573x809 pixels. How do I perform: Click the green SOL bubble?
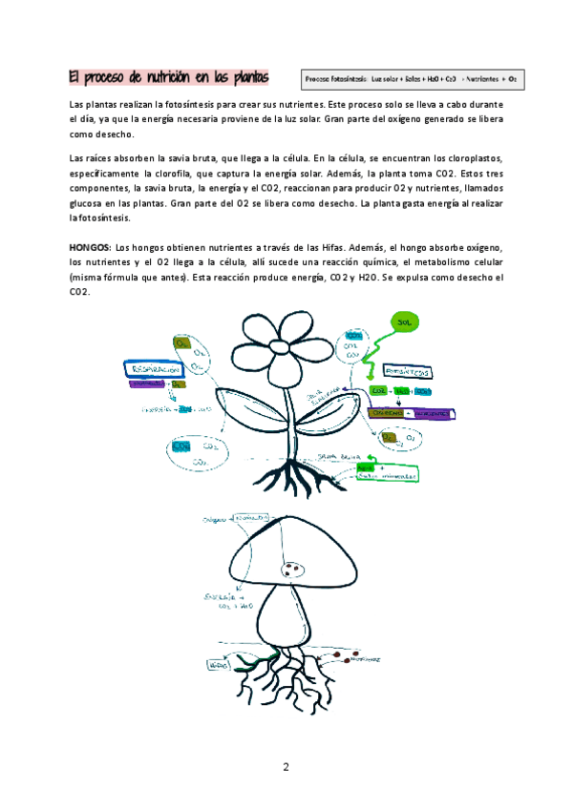(404, 323)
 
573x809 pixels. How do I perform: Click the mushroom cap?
(286, 549)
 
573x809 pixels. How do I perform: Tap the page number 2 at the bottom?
(285, 766)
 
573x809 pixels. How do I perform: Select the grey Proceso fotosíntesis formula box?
(412, 77)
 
